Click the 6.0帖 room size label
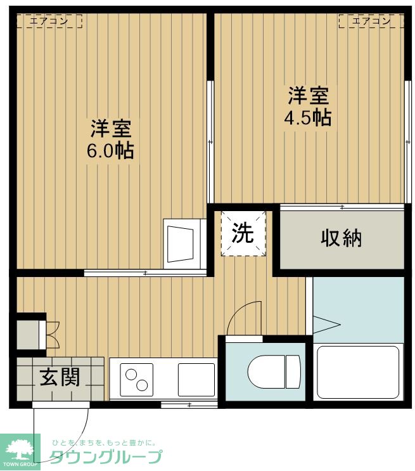110,151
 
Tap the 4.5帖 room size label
308,117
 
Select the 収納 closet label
341,238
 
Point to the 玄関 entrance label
60,377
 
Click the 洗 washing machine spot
243,233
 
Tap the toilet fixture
274,371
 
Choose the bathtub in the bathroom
358,372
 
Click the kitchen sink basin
196,380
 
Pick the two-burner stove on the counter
137,380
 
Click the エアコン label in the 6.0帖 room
49,21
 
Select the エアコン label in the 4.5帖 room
371,21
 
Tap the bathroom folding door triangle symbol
326,325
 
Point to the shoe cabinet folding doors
53,335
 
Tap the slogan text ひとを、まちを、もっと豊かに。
104,442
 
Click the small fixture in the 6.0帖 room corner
184,243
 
